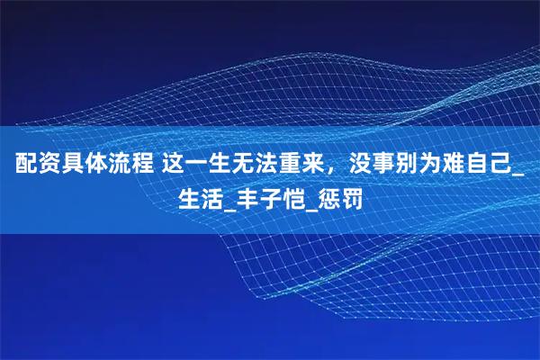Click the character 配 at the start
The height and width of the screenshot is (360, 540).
(24, 165)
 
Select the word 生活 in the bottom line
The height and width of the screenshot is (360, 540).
(200, 195)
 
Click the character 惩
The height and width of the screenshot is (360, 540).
(333, 195)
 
